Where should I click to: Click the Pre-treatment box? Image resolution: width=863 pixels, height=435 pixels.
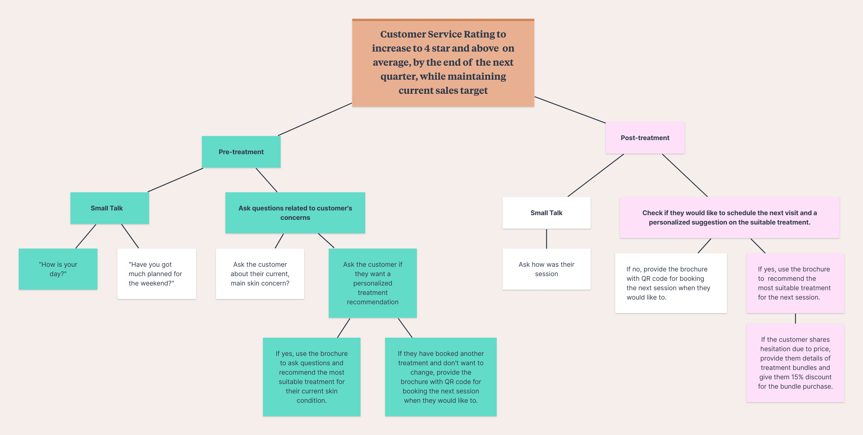click(241, 152)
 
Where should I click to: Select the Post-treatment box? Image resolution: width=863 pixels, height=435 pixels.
click(645, 137)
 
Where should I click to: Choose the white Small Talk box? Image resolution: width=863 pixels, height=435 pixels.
click(546, 213)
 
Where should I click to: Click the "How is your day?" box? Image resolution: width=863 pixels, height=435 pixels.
click(58, 269)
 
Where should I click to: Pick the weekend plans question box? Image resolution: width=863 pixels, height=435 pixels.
click(156, 273)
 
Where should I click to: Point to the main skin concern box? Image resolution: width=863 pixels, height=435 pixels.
click(260, 273)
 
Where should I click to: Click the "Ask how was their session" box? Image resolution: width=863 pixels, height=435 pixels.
click(546, 269)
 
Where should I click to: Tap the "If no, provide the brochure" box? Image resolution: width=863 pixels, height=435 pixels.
click(670, 283)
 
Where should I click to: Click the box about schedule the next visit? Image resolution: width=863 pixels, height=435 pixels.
click(729, 217)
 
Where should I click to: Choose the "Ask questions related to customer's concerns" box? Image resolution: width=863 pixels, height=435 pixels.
click(295, 213)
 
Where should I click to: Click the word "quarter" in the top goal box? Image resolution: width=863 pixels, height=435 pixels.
click(398, 76)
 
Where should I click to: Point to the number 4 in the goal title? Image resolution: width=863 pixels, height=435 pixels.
click(427, 48)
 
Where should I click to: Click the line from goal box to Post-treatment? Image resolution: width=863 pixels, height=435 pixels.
click(569, 110)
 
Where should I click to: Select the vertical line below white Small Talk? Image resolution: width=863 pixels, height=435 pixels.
click(546, 238)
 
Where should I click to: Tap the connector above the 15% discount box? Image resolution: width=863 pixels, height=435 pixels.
click(795, 318)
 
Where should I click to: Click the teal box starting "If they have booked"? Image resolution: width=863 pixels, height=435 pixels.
click(441, 377)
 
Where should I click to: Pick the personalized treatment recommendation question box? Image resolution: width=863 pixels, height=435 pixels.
click(372, 283)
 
